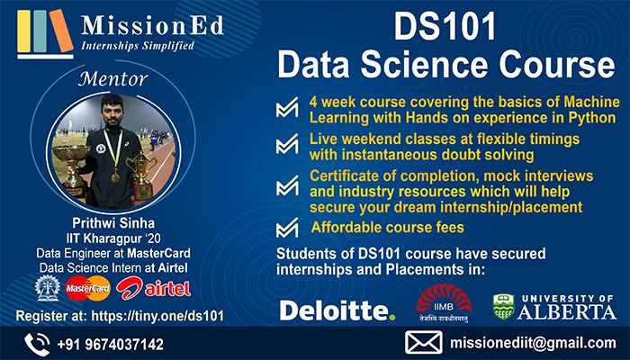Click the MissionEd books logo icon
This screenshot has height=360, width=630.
pyautogui.click(x=42, y=31)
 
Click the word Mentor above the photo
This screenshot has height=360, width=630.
pyautogui.click(x=113, y=77)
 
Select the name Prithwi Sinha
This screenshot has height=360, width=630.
pyautogui.click(x=113, y=221)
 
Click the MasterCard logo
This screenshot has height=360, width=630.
pyautogui.click(x=86, y=288)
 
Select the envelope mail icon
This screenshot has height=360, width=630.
pyautogui.click(x=424, y=344)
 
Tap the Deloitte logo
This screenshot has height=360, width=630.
pyautogui.click(x=337, y=310)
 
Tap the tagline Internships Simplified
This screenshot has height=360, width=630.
pyautogui.click(x=137, y=45)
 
